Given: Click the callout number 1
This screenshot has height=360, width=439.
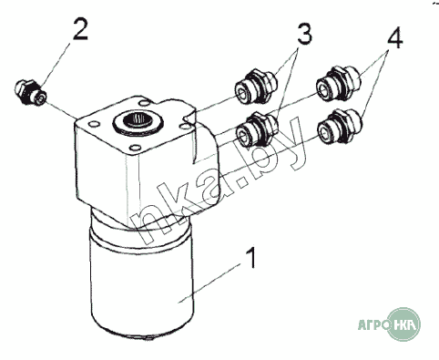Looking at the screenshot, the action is point(250,258).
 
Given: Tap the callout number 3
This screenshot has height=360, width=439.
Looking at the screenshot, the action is point(304,34).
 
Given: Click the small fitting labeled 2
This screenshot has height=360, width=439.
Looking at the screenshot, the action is point(30,92).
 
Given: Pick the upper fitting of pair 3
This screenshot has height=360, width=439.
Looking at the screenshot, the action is point(256,87).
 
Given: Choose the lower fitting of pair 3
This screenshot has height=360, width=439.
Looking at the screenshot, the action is point(257,129).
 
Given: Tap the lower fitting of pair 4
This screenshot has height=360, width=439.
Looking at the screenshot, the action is point(340,127).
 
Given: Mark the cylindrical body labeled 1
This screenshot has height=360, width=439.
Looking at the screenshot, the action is point(142,273).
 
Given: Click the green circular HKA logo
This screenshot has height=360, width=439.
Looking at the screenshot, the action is point(404,324).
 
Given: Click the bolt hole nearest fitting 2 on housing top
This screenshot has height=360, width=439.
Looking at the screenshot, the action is point(94,124).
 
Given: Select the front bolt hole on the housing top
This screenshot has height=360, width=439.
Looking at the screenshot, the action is point(134,148).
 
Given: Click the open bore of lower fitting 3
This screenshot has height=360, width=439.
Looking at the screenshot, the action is point(244,136).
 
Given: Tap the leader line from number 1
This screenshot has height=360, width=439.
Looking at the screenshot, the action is point(209,283).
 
